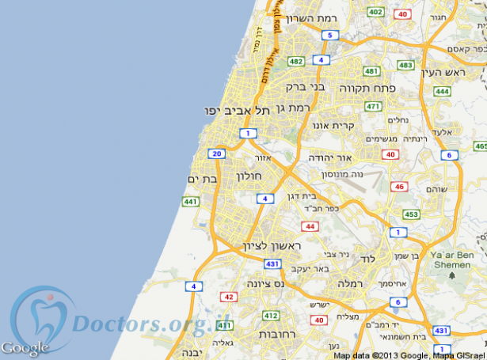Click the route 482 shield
pyautogui.click(x=296, y=61)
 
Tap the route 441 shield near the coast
pyautogui.click(x=190, y=203)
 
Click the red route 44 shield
pyautogui.click(x=310, y=226)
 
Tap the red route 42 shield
pyautogui.click(x=229, y=297)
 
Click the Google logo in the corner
pyautogui.click(x=25, y=347)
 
